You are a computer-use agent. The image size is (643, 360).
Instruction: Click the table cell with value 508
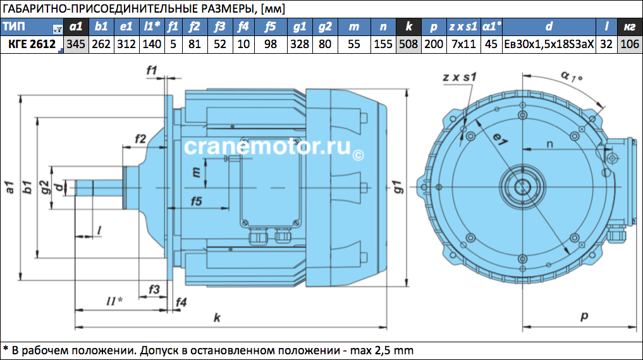pyautogui.click(x=408, y=44)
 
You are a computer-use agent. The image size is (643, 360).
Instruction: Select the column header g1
pyautogui.click(x=300, y=27)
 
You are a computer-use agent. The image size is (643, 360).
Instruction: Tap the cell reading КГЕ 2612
pyautogui.click(x=32, y=44)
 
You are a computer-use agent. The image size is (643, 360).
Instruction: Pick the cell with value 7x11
pyautogui.click(x=463, y=44)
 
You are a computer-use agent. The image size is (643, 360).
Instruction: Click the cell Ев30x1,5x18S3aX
pyautogui.click(x=549, y=44)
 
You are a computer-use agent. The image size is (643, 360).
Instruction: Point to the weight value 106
pyautogui.click(x=630, y=44)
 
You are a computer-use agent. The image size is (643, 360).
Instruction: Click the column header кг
pyautogui.click(x=630, y=27)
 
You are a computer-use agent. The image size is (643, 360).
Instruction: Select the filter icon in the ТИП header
pyautogui.click(x=58, y=30)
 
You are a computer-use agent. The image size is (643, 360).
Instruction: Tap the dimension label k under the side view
pyautogui.click(x=217, y=318)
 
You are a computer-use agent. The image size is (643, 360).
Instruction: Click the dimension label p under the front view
pyautogui.click(x=584, y=316)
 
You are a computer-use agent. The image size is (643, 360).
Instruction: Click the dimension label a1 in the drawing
pyautogui.click(x=10, y=187)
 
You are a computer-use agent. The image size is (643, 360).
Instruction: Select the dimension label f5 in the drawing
pyautogui.click(x=197, y=201)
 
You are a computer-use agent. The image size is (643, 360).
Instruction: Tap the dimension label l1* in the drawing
pyautogui.click(x=114, y=301)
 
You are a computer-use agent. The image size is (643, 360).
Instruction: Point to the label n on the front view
pyautogui.click(x=549, y=144)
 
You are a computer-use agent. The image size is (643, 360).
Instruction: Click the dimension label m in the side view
pyautogui.click(x=197, y=172)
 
